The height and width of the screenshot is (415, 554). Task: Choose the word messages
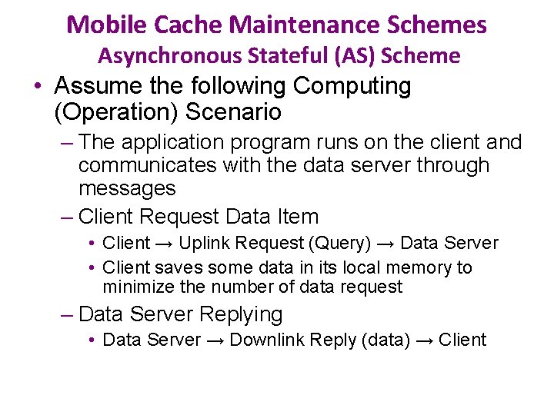click(127, 188)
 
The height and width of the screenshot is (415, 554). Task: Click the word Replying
click(241, 314)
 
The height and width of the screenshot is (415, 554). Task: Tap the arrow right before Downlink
click(215, 340)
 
